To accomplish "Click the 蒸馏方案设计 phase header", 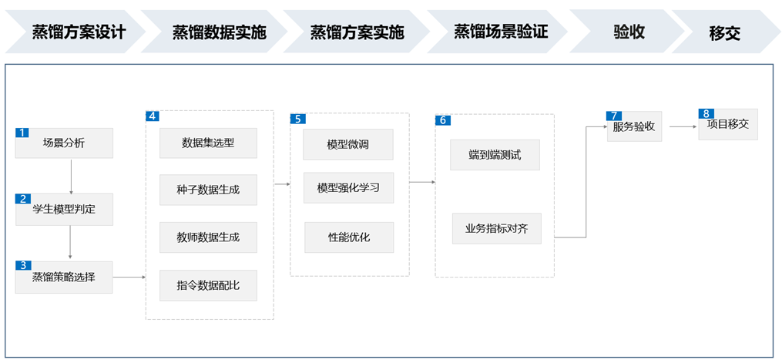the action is point(75,32).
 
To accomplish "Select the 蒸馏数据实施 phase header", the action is point(215,32).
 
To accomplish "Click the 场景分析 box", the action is point(65,143).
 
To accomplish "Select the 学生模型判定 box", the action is point(65,209).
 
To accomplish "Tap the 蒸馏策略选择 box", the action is point(64,277).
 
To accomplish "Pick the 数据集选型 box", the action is point(208,143).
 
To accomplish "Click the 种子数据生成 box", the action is point(208,190).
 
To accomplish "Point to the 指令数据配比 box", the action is point(208,285).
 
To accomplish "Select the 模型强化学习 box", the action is point(348,188).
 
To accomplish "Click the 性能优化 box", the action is point(349,237).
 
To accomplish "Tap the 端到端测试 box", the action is point(495,155).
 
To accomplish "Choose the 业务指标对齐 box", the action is point(497,229).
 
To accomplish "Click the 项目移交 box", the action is point(728,124).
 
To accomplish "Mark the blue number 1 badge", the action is point(22,133).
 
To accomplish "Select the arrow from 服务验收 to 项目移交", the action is point(683,126).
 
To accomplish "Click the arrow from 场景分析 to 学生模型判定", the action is point(72,177).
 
